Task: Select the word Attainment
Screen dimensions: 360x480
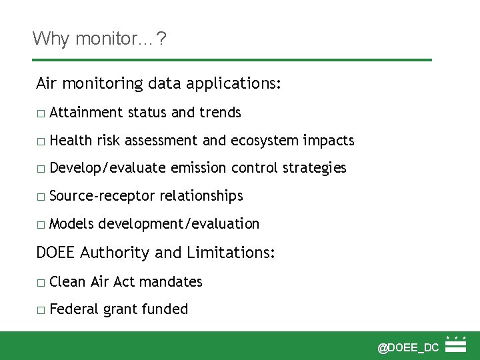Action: pyautogui.click(x=85, y=113)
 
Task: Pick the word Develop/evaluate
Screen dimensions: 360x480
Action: pyautogui.click(x=107, y=168)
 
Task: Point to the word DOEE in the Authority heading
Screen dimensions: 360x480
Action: pyautogui.click(x=56, y=253)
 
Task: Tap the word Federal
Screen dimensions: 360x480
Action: pyautogui.click(x=73, y=309)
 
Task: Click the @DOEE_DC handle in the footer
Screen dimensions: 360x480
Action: pyautogui.click(x=408, y=347)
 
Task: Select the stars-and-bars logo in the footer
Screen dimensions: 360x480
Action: pyautogui.click(x=456, y=344)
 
